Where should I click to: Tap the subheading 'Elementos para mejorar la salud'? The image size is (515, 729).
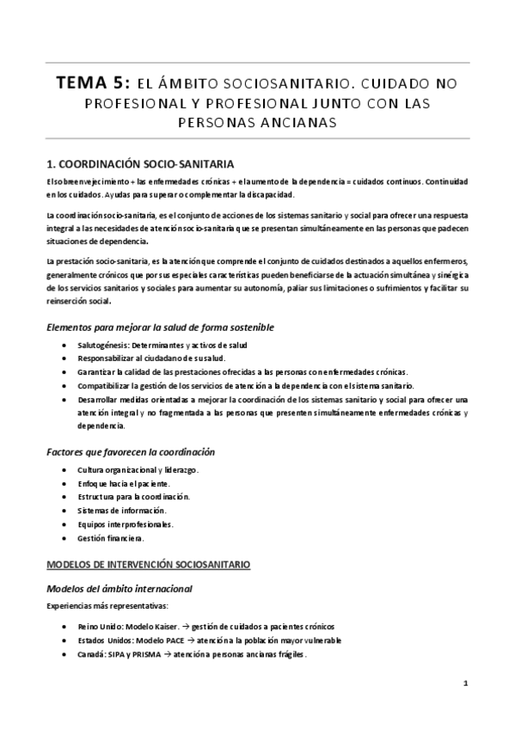tap(143, 328)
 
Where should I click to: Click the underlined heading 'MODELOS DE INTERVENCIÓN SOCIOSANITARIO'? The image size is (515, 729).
tap(148, 566)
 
